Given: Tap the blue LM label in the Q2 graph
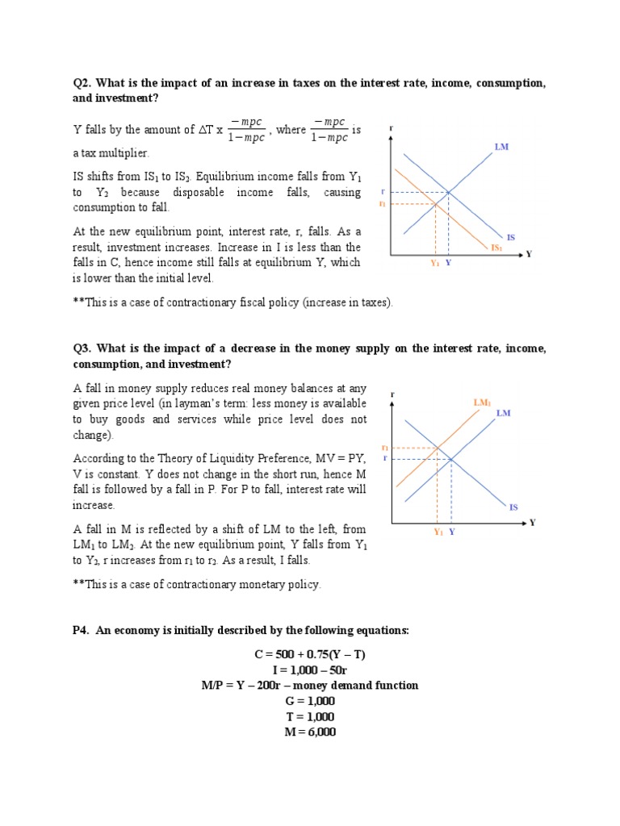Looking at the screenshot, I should coord(501,148).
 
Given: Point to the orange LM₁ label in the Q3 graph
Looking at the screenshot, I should coord(482,402).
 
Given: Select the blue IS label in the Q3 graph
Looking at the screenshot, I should coord(513,507).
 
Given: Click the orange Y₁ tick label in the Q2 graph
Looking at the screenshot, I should coord(434,263).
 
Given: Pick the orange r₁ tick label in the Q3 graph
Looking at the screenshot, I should coord(385,448).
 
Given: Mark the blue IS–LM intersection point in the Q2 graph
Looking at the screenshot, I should coord(448,193).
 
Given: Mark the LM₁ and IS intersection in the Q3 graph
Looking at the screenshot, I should coord(438,448).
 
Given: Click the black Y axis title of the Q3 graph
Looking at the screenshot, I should coord(532,523).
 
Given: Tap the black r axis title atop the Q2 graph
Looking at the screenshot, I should coord(392,127).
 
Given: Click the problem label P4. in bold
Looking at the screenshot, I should coord(82,631).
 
